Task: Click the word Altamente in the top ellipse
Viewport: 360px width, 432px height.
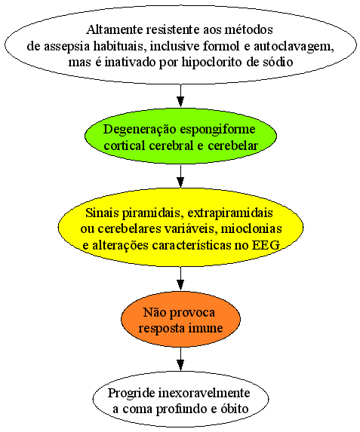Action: (x=115, y=29)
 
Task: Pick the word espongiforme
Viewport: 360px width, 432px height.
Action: (x=217, y=130)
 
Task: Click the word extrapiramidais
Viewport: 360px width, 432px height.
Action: (x=230, y=213)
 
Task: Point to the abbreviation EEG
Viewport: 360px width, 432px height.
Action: (x=266, y=245)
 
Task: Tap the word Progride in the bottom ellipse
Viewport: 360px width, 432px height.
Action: (x=131, y=394)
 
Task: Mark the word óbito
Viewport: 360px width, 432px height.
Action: (x=235, y=409)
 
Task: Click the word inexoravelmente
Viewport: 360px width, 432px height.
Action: (x=204, y=393)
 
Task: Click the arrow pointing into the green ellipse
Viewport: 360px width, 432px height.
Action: (x=180, y=95)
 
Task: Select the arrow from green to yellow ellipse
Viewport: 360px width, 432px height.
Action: (x=180, y=176)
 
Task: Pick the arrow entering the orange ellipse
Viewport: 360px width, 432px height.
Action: (x=180, y=278)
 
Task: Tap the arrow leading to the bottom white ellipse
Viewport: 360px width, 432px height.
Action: (x=180, y=359)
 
